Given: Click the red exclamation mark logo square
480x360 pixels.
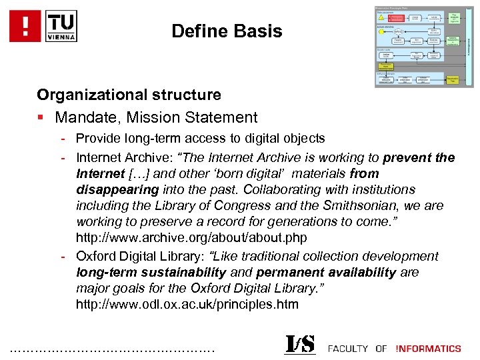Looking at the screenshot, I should click(24, 26).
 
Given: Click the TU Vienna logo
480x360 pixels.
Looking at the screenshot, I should click(61, 26).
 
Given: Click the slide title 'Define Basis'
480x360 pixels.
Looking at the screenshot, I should click(227, 31).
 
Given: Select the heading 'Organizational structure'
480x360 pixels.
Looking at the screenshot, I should click(129, 95).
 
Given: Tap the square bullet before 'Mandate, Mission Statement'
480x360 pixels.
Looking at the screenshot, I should click(41, 118).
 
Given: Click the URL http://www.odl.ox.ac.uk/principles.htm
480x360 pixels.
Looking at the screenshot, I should click(187, 304).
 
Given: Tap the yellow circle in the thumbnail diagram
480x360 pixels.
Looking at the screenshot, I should click(381, 31).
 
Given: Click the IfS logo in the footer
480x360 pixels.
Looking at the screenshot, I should click(300, 345).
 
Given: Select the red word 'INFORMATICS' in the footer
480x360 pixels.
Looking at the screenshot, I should click(428, 348).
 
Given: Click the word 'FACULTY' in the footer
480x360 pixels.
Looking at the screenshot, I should click(348, 348).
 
